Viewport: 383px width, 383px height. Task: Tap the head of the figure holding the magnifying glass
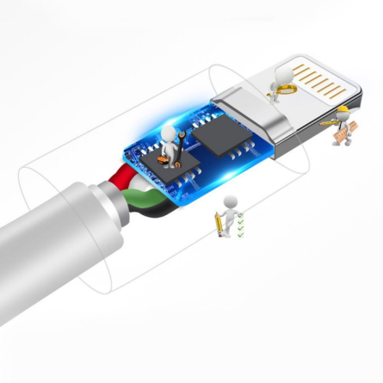coord(277,74)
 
